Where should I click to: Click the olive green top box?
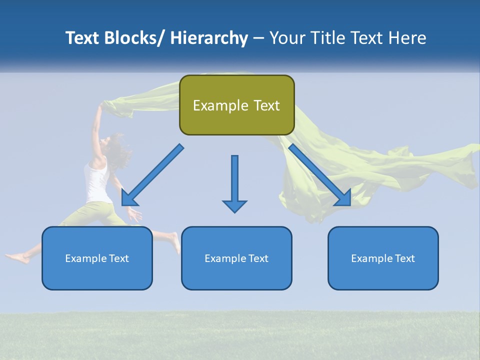(x=236, y=105)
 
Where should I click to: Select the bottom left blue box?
(x=97, y=258)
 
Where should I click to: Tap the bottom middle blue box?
(x=236, y=258)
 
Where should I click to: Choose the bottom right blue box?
(x=383, y=258)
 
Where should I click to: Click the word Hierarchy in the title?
(x=209, y=38)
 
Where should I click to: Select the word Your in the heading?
(x=287, y=38)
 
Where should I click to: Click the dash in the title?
(x=258, y=38)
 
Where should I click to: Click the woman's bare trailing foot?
(x=15, y=258)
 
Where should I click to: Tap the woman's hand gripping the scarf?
(x=103, y=105)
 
